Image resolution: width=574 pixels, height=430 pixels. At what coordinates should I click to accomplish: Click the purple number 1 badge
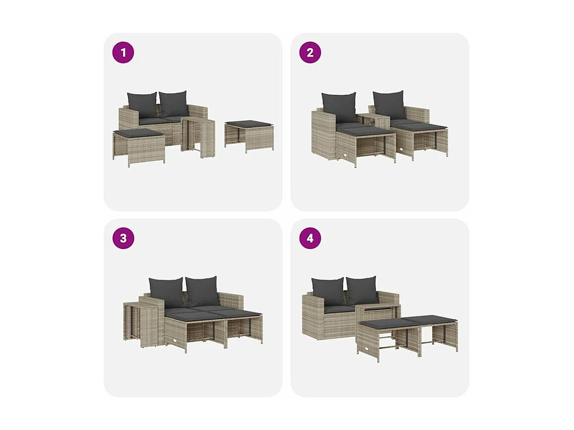coord(123,53)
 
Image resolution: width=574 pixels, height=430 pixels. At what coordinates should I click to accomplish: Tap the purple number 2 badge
coord(310,53)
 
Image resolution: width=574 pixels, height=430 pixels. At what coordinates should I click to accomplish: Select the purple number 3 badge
coord(123,239)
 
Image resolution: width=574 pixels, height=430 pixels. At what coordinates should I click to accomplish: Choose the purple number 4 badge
coord(310,239)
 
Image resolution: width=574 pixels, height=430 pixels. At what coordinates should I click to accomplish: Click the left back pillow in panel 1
coord(142,105)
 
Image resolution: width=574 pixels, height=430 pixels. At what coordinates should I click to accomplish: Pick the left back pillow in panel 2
coord(339,107)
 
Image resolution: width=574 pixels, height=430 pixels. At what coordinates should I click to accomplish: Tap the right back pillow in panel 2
coord(389,105)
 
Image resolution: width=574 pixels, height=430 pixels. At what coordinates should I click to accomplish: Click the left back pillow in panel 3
coord(166,292)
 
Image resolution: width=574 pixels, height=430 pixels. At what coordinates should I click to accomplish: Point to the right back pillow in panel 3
coord(202,291)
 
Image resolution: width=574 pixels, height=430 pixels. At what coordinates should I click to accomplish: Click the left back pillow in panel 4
coord(327,291)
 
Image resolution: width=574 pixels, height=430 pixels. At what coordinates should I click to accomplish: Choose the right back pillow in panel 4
coord(362,291)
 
